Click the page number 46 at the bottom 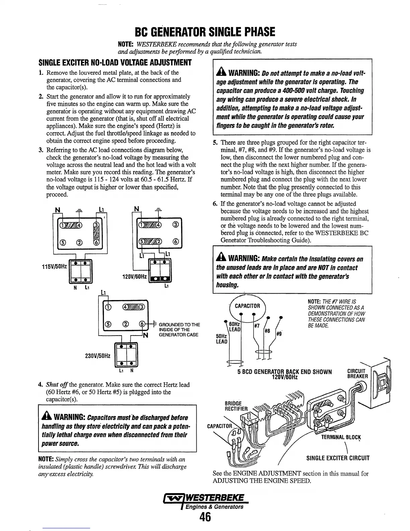pos(205,517)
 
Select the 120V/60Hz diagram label pos(133,277)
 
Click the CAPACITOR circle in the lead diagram pos(247,306)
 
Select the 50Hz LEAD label pos(221,339)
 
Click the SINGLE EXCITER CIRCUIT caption pos(338,458)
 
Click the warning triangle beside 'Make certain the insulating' pos(221,259)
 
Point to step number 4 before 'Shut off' pos(40,385)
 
